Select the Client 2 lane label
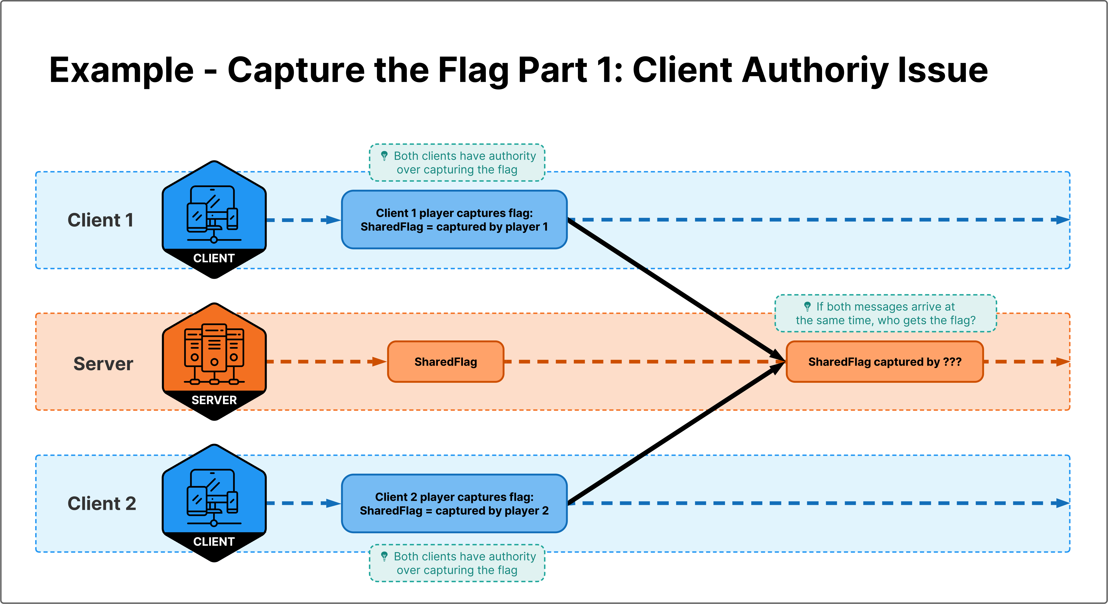(102, 503)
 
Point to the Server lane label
(103, 364)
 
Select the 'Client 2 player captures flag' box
(454, 503)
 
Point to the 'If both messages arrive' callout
(886, 313)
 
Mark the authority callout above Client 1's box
(457, 163)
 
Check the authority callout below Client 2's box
(457, 563)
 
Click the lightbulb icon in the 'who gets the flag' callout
(807, 306)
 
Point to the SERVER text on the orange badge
(214, 400)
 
